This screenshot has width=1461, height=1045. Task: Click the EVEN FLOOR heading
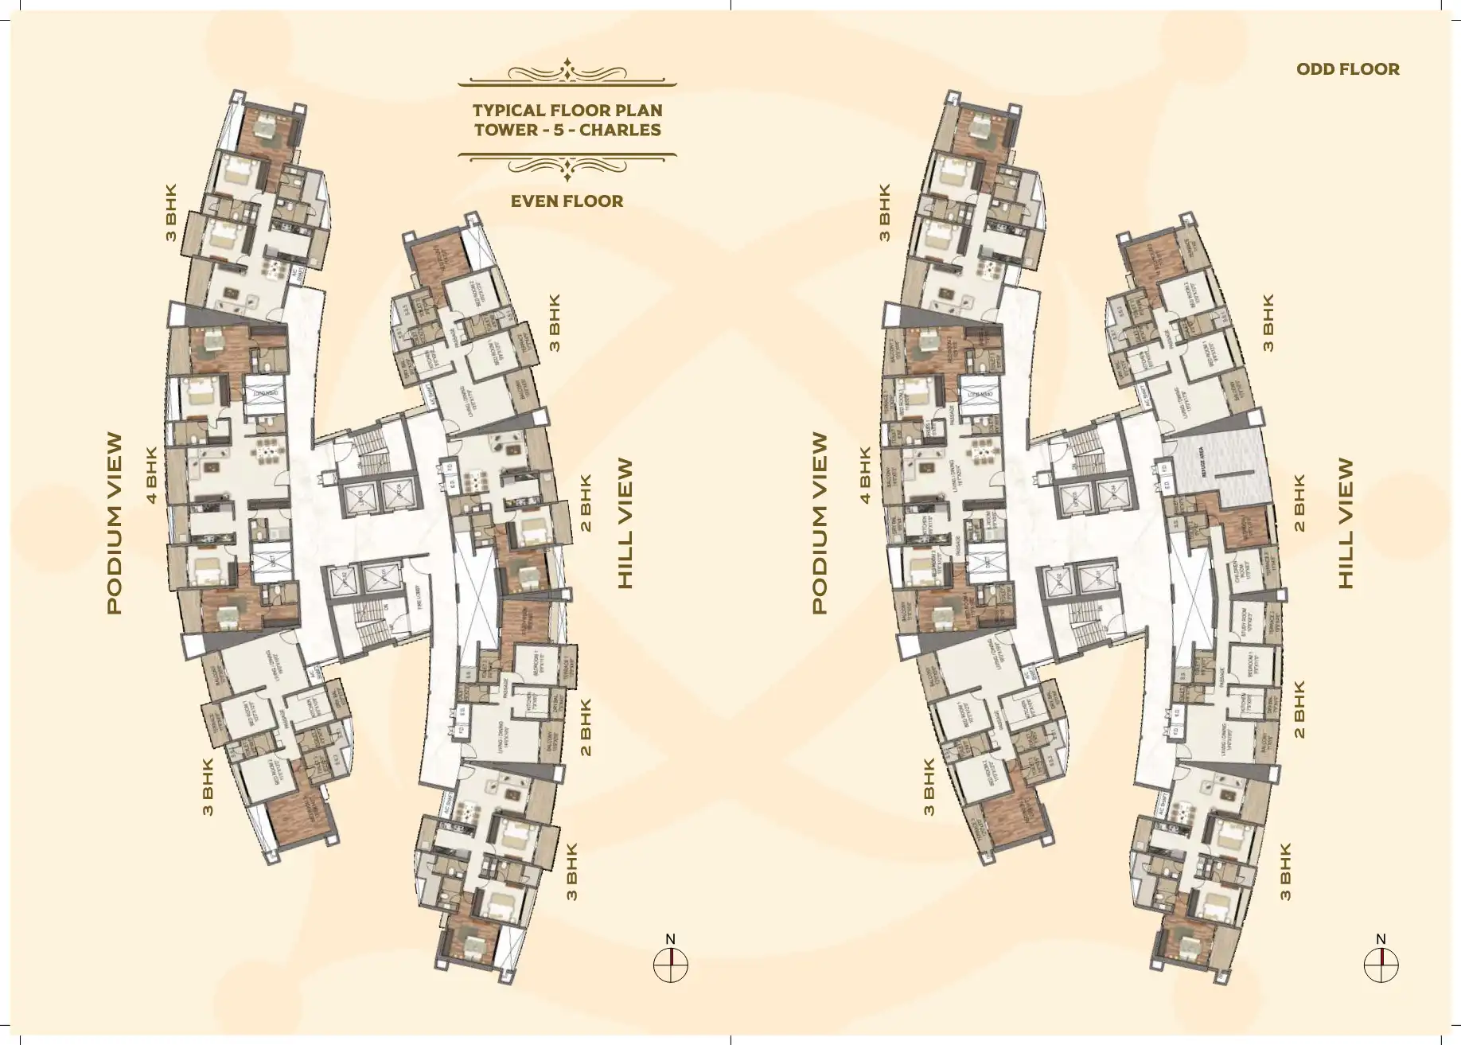click(567, 201)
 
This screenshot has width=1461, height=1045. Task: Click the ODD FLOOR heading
click(1347, 69)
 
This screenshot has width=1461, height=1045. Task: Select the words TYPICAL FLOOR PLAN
click(567, 111)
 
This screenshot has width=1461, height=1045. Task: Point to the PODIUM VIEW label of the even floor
click(115, 523)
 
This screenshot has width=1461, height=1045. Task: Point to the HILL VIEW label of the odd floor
click(1345, 523)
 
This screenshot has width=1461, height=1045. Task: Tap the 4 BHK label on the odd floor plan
click(865, 475)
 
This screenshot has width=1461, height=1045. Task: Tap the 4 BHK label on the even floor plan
click(154, 475)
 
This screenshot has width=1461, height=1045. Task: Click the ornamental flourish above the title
click(567, 74)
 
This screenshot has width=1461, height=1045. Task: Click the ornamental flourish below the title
click(567, 164)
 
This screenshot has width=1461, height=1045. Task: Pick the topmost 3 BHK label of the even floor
click(169, 213)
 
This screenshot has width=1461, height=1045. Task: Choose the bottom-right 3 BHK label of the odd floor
click(1284, 871)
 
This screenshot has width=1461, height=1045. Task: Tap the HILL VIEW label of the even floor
click(626, 523)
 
